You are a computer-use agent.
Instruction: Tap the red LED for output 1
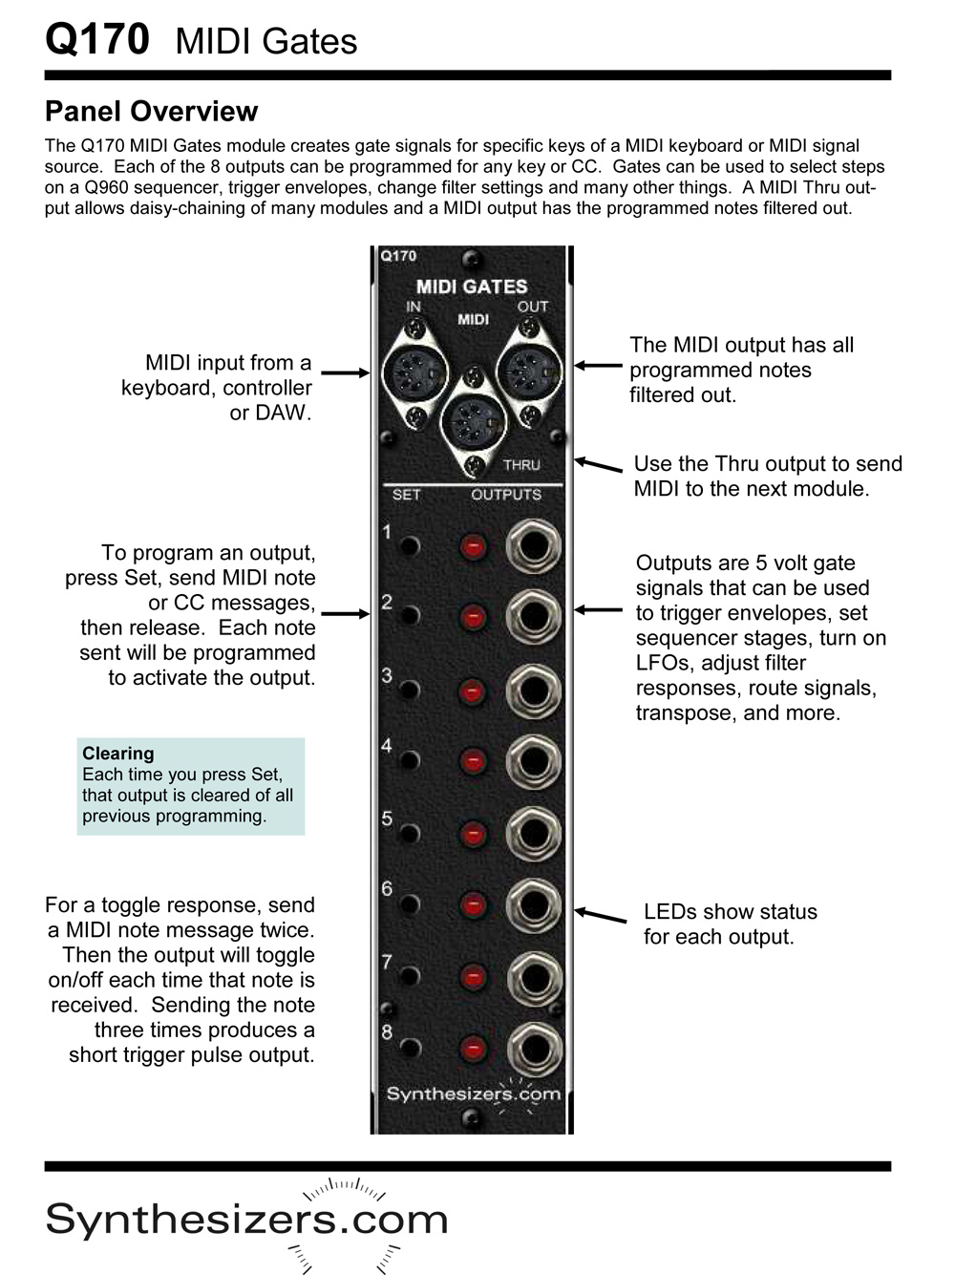[473, 547]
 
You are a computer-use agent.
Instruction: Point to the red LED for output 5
[473, 834]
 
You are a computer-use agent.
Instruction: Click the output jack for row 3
[533, 690]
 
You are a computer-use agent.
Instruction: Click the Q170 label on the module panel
[398, 256]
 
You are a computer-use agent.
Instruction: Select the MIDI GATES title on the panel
[472, 287]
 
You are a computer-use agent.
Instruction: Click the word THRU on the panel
[521, 465]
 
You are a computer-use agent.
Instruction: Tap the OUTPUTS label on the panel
[506, 495]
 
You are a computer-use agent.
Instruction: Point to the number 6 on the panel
[387, 889]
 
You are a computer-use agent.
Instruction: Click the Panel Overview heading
[151, 112]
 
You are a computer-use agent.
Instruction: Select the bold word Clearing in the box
[117, 754]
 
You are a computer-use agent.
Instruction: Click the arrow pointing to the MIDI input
[345, 372]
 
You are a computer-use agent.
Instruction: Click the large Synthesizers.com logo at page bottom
[246, 1221]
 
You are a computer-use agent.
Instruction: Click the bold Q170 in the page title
[97, 40]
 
